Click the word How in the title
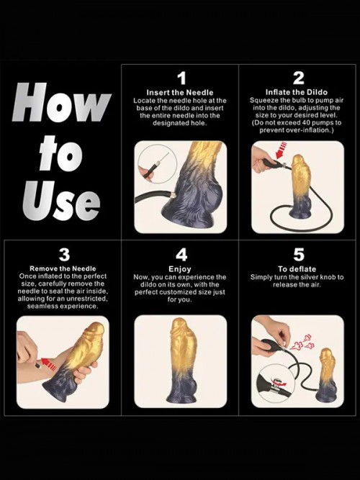point(61,104)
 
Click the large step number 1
point(181,78)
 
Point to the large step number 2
point(298,78)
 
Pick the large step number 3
point(64,255)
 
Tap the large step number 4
point(181,255)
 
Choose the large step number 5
point(298,255)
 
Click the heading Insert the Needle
point(181,92)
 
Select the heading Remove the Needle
point(63,268)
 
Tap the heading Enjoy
point(181,268)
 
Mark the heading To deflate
point(297,268)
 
